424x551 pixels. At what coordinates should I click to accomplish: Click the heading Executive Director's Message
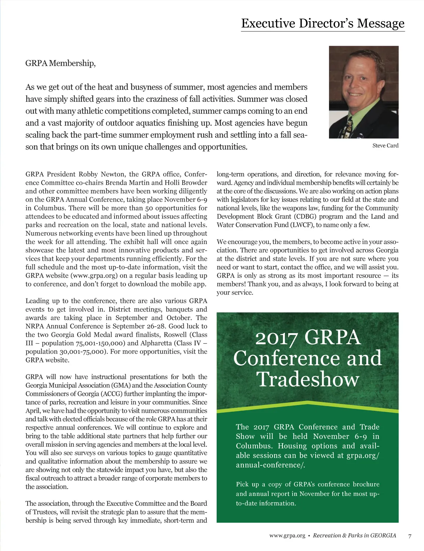(x=323, y=23)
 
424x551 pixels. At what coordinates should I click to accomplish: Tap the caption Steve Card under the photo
(x=385, y=146)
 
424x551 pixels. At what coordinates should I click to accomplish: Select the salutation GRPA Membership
(x=60, y=63)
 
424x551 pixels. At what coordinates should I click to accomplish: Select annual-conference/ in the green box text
(x=270, y=465)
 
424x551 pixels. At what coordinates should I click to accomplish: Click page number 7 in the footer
(x=410, y=536)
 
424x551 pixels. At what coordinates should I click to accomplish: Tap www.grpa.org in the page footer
(x=287, y=536)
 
